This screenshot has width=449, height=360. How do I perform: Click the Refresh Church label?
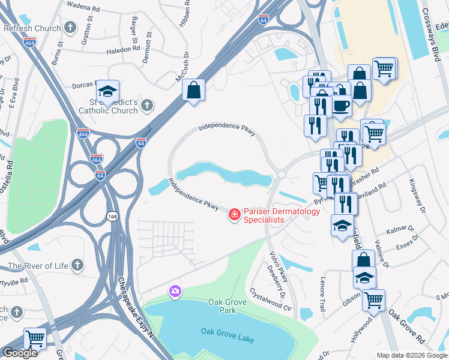pyautogui.click(x=32, y=28)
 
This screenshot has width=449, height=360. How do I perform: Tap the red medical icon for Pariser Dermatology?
pyautogui.click(x=234, y=214)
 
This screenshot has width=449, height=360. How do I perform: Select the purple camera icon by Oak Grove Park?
pyautogui.click(x=175, y=291)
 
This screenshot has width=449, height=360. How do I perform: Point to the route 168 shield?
pyautogui.click(x=112, y=216)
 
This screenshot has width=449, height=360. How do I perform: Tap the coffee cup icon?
pyautogui.click(x=342, y=106)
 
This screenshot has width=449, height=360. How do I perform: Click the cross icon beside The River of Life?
pyautogui.click(x=77, y=265)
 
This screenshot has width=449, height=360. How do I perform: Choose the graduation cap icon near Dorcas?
pyautogui.click(x=107, y=91)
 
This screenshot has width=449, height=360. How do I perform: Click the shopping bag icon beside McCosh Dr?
pyautogui.click(x=194, y=91)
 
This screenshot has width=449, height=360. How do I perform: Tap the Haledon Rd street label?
pyautogui.click(x=123, y=50)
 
